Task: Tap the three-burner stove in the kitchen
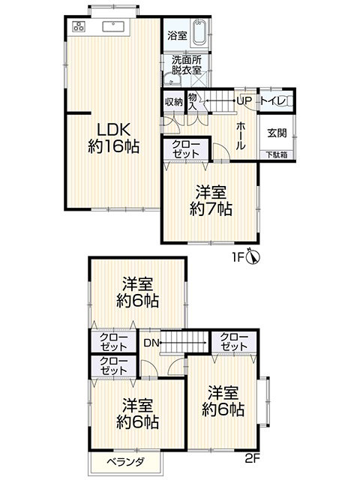pos(79,26)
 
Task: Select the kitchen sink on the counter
pos(114,26)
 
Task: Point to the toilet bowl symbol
pos(285,101)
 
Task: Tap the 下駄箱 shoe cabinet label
pos(277,155)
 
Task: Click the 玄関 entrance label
pos(277,133)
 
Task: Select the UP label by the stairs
pos(244,100)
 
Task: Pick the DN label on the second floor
pos(151,343)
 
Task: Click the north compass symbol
pos(253,256)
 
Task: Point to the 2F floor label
pos(253,458)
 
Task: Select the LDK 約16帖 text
pos(114,138)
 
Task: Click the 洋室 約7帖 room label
pos(211,201)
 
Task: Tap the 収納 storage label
pos(174,102)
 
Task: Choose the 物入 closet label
pos(192,102)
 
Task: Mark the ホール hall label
pos(241,135)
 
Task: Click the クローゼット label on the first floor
pos(186,148)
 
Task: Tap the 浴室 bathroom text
pos(177,35)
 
